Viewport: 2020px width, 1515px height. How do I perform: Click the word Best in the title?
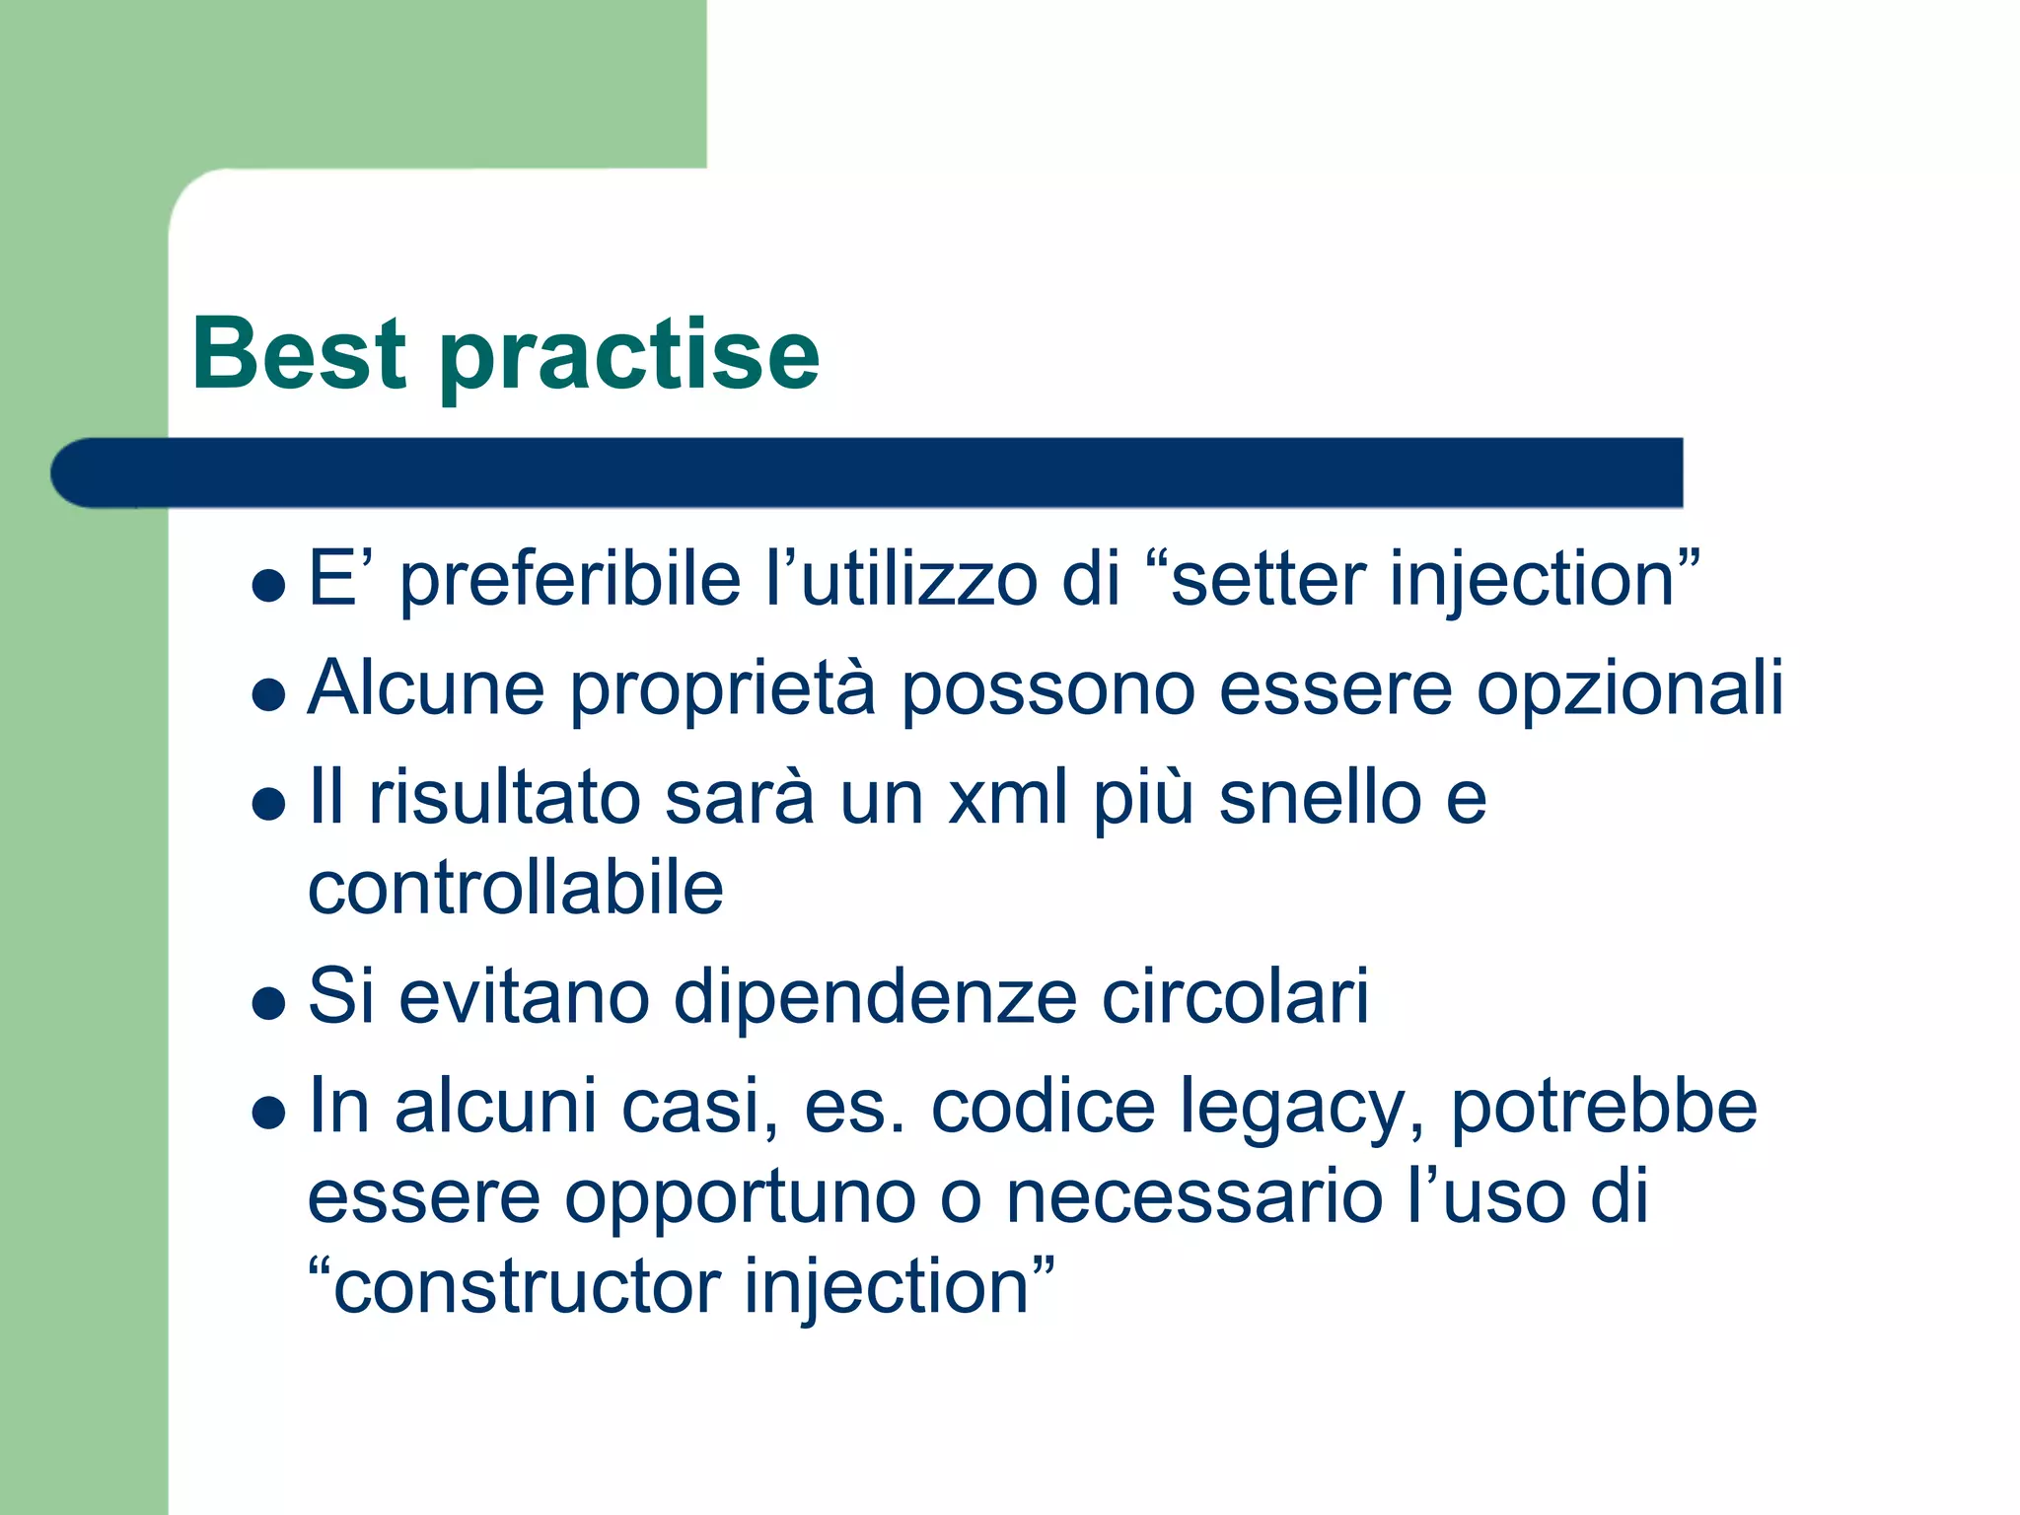(299, 354)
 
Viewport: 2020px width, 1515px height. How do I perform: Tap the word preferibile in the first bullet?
(569, 580)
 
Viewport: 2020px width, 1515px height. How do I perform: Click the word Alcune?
(426, 688)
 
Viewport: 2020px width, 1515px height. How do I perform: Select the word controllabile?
(516, 888)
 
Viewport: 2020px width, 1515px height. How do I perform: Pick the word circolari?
(1235, 997)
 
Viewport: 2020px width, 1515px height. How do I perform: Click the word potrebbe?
(1603, 1107)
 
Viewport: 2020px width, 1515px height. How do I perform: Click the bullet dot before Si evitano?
(268, 1004)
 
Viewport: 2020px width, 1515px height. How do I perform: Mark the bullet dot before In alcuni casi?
(268, 1114)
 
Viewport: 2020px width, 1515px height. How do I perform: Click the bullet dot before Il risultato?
(268, 803)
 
